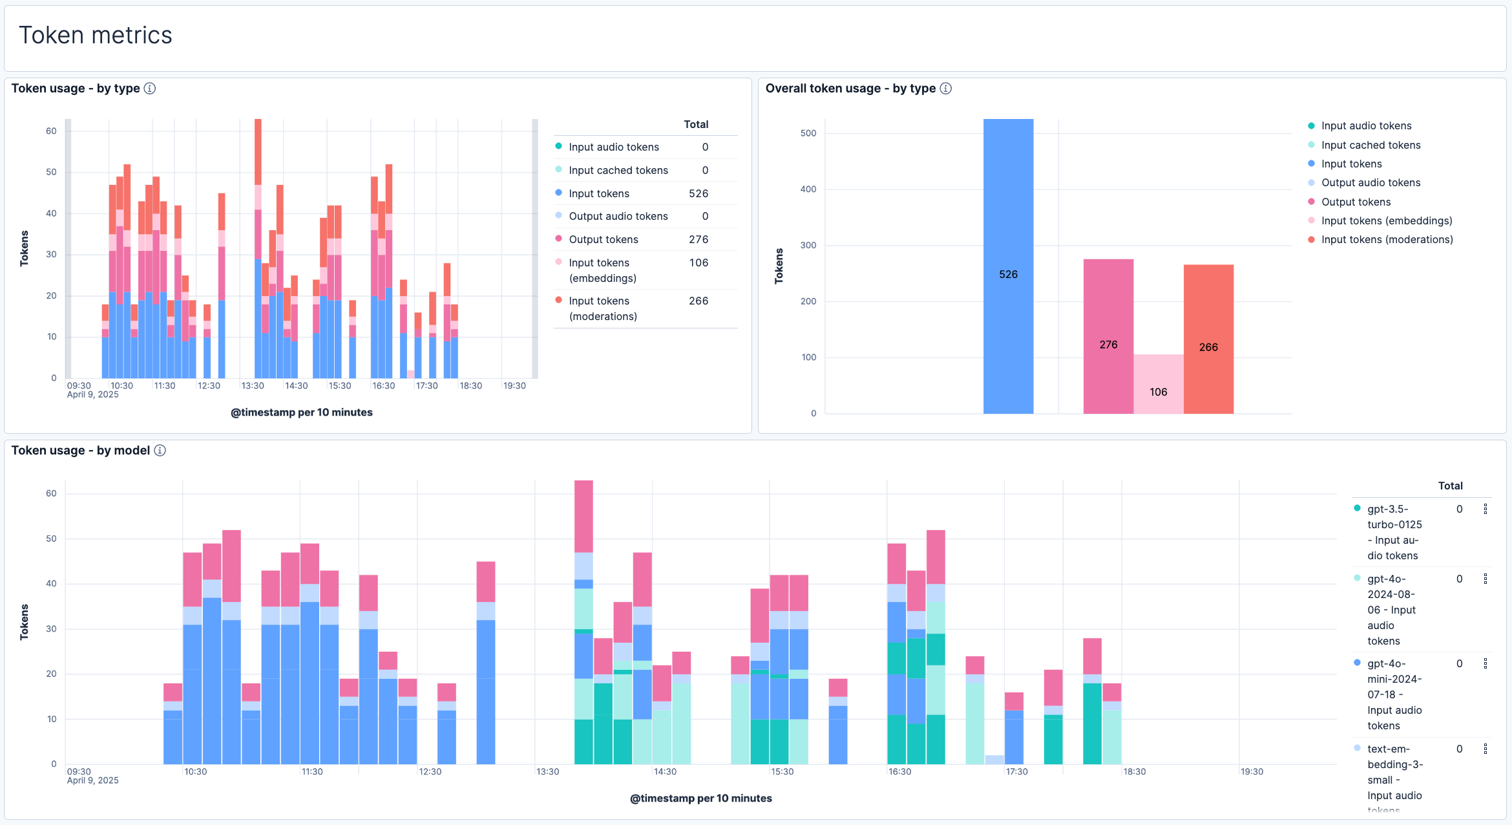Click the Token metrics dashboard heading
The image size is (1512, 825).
pyautogui.click(x=95, y=36)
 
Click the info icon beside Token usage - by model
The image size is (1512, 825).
pyautogui.click(x=160, y=451)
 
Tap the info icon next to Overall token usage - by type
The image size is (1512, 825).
pyautogui.click(x=946, y=89)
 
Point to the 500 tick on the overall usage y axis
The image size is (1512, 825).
pyautogui.click(x=808, y=133)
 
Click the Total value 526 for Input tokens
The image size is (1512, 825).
pyautogui.click(x=698, y=193)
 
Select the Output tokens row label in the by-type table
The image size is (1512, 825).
pyautogui.click(x=604, y=239)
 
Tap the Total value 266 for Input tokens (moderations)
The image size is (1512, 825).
pyautogui.click(x=698, y=301)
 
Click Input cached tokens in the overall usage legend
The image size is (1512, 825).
pyautogui.click(x=1370, y=145)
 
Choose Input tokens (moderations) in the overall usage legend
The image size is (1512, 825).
pyautogui.click(x=1387, y=239)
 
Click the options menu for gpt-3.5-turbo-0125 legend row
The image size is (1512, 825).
pyautogui.click(x=1486, y=509)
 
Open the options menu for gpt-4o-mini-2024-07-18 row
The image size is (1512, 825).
pyautogui.click(x=1486, y=664)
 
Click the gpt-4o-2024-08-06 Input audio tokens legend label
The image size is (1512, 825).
pyautogui.click(x=1391, y=610)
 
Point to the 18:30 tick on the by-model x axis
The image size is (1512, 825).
pyautogui.click(x=1134, y=772)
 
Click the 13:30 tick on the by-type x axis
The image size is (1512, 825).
pyautogui.click(x=253, y=386)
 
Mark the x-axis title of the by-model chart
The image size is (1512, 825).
pyautogui.click(x=700, y=798)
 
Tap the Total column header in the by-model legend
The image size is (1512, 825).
pyautogui.click(x=1450, y=486)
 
